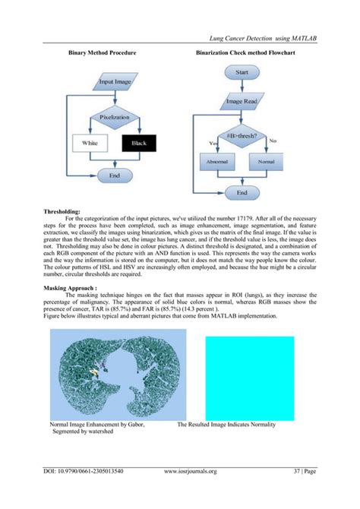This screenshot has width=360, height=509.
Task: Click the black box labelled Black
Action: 139,143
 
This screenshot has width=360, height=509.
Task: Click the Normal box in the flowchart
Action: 266,163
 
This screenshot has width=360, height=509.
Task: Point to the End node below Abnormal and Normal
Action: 242,193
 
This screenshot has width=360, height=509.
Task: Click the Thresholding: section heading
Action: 68,213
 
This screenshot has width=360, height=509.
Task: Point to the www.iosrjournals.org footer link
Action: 191,471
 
